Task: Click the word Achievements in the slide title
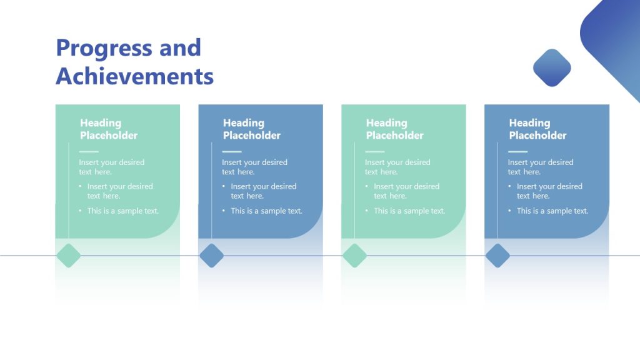(x=134, y=76)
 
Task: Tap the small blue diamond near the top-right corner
(x=552, y=67)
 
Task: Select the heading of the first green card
(x=109, y=129)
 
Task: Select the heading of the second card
(x=252, y=129)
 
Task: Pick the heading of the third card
(x=395, y=129)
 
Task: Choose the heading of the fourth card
(x=537, y=129)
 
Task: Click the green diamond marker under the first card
(x=69, y=256)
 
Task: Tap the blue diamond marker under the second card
(x=212, y=256)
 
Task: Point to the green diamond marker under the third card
(x=355, y=256)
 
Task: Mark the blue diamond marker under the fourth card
(x=498, y=256)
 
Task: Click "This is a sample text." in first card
(x=123, y=211)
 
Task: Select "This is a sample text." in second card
(x=266, y=211)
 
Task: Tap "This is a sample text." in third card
(x=409, y=211)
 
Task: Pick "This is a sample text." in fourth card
(x=552, y=211)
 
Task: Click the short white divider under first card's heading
(x=89, y=151)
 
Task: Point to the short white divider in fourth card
(x=517, y=151)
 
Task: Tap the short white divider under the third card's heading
(x=375, y=151)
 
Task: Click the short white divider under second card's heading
(x=232, y=151)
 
